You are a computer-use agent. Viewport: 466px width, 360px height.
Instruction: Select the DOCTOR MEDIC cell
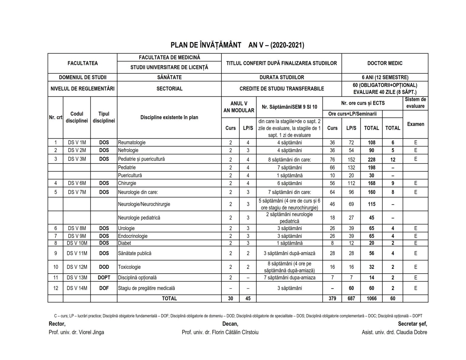coord(385,63)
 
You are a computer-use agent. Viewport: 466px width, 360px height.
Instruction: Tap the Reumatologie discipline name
coord(132,143)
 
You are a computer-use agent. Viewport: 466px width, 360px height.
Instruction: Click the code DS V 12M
coord(77,267)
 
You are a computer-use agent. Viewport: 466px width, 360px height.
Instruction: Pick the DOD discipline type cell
coord(104,267)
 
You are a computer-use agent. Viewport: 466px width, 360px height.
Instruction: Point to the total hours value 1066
coord(371,298)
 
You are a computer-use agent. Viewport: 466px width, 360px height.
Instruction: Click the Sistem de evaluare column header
coord(415,103)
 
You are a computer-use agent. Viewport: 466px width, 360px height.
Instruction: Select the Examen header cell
coord(415,124)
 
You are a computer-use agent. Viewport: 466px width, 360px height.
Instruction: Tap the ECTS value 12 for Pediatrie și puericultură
coord(393,160)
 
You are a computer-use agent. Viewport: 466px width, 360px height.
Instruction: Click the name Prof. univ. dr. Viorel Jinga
coord(76,332)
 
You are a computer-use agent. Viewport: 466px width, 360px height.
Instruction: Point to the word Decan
coord(230,324)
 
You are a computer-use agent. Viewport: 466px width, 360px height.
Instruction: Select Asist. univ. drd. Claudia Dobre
coord(394,332)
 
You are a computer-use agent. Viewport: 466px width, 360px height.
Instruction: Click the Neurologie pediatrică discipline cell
coord(139,218)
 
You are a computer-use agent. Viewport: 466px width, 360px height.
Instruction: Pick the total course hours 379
coord(332,298)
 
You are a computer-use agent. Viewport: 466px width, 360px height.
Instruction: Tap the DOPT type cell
coord(104,278)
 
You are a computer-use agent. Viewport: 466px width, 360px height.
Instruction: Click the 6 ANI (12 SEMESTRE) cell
coord(385,77)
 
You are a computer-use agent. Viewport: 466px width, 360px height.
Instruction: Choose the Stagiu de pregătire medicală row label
coord(146,288)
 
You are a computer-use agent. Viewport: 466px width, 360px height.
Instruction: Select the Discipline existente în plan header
coord(169,117)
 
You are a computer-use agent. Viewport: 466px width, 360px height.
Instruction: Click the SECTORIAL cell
coord(169,89)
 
